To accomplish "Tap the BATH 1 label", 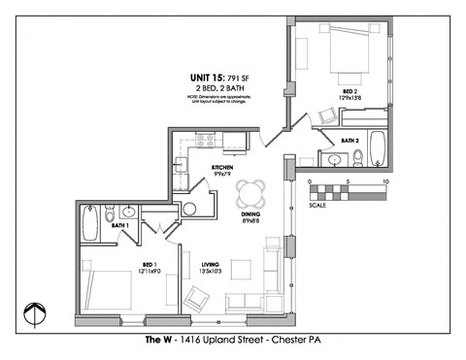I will tap(120, 226).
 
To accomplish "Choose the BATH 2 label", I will tap(349, 140).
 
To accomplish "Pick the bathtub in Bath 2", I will tap(378, 151).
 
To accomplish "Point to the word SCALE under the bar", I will tap(317, 206).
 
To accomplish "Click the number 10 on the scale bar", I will tap(386, 181).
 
